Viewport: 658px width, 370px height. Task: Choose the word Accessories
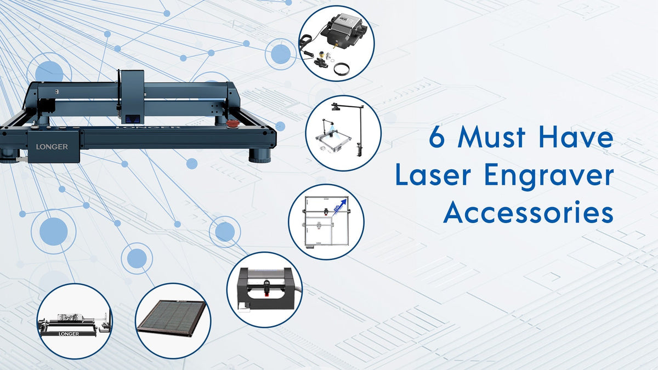tap(528, 213)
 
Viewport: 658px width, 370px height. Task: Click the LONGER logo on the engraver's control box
tap(52, 146)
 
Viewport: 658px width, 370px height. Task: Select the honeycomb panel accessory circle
tap(173, 321)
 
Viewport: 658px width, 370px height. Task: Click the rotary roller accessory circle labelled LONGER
tap(75, 321)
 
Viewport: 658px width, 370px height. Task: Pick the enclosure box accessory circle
tap(264, 289)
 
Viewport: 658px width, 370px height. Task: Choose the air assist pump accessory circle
tap(336, 43)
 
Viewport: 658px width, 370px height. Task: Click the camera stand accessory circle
tap(343, 133)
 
